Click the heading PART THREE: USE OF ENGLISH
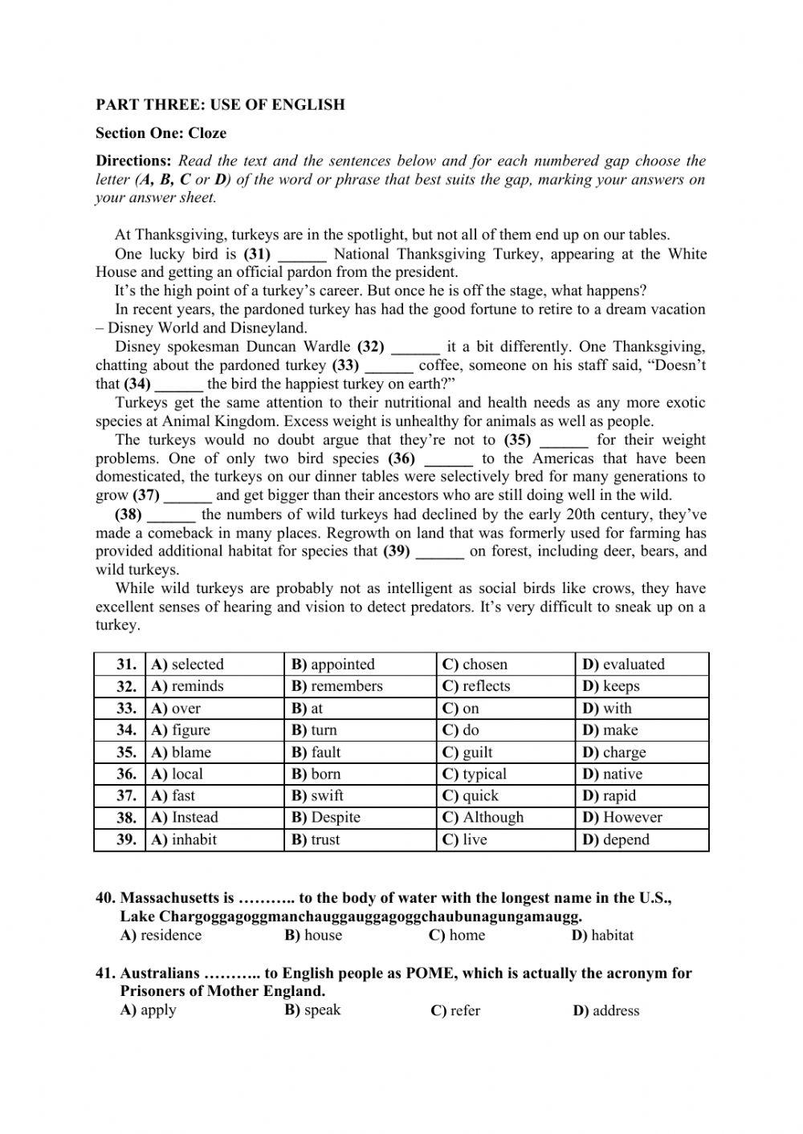(220, 104)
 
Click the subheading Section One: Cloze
(161, 133)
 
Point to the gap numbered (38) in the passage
(171, 516)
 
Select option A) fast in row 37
(173, 796)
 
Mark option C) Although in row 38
(483, 818)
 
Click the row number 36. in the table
(126, 774)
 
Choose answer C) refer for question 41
(455, 1011)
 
